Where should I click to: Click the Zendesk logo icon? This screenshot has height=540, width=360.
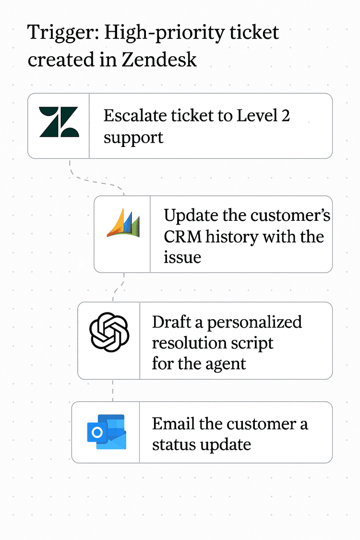pyautogui.click(x=59, y=122)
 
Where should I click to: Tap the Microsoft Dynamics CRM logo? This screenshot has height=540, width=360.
pyautogui.click(x=123, y=224)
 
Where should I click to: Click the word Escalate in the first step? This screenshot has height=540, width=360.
pyautogui.click(x=130, y=116)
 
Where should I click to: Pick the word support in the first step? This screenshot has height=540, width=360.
pyautogui.click(x=133, y=138)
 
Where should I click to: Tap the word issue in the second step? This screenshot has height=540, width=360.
pyautogui.click(x=182, y=258)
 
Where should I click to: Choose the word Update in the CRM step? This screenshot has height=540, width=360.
pyautogui.click(x=191, y=216)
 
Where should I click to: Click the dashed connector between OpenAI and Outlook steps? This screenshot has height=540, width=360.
pyautogui.click(x=113, y=390)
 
